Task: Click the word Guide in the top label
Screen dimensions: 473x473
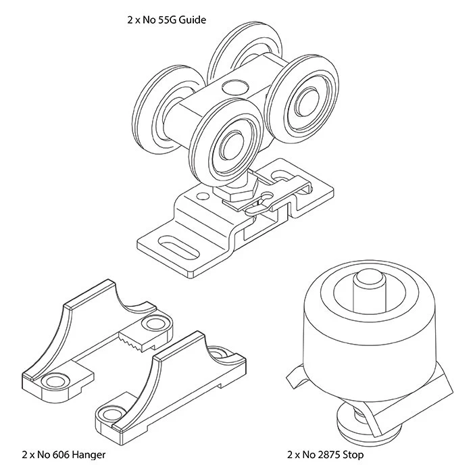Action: click(192, 20)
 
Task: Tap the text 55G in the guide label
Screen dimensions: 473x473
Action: click(166, 20)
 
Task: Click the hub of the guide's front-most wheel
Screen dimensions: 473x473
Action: click(228, 144)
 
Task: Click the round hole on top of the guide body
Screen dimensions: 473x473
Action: click(234, 86)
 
